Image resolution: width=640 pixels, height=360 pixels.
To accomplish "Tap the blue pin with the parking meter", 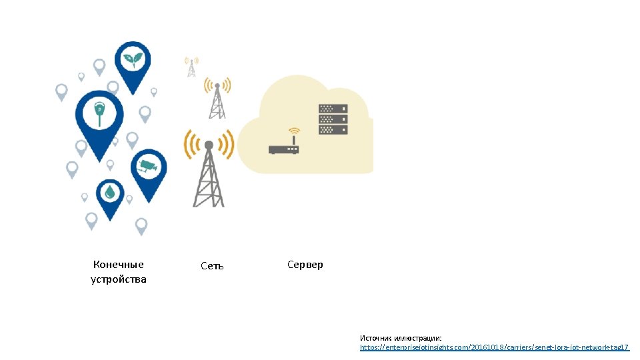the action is coord(99,114).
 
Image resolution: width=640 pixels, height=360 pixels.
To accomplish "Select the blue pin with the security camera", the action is coord(147,168).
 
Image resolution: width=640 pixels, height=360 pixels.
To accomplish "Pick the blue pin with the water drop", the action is coord(109,193).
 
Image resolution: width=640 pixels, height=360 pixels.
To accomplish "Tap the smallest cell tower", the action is coord(191,67).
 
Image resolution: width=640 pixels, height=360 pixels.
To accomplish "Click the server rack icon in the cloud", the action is coord(333,119).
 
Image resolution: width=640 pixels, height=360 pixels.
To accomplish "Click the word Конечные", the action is coord(119,265).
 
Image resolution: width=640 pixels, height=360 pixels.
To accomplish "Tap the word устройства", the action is coord(119,279).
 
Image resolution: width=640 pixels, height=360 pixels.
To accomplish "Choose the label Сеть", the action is coord(212,266).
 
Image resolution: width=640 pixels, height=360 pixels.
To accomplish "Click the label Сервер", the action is coord(305,265).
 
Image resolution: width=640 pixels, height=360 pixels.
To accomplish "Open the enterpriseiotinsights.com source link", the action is coord(494,347).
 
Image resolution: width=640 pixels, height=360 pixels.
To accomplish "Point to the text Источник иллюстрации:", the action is coord(401,338).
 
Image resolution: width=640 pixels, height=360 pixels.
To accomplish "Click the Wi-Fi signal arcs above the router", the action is coord(294,131).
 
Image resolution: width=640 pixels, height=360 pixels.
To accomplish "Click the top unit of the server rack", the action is coord(333,109).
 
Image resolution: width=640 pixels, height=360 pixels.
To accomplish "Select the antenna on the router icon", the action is coord(294,140).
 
